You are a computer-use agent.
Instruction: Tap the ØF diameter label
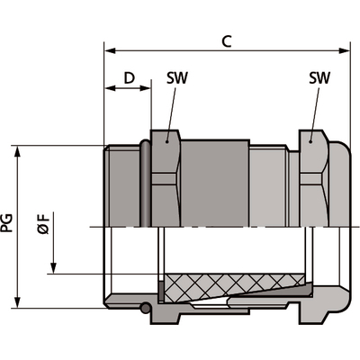(x=45, y=223)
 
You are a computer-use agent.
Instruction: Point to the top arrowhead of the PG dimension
(x=19, y=148)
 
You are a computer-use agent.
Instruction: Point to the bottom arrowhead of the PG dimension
(x=19, y=304)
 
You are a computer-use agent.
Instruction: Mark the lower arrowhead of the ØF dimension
(x=56, y=268)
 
